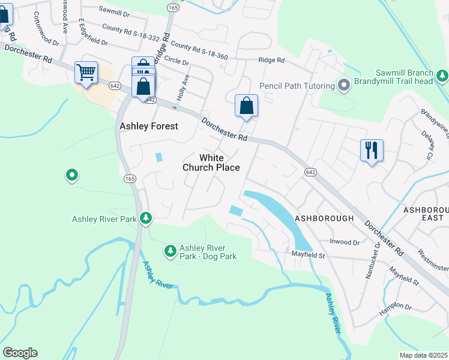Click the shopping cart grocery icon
point(86,73)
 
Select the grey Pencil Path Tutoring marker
point(344,86)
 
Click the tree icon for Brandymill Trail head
point(442,76)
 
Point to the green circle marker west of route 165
point(71,175)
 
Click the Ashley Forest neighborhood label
point(149,126)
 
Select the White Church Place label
point(211,163)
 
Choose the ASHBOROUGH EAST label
point(426,214)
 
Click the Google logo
point(20,353)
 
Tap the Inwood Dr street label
point(344,242)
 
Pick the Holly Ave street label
point(182,87)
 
